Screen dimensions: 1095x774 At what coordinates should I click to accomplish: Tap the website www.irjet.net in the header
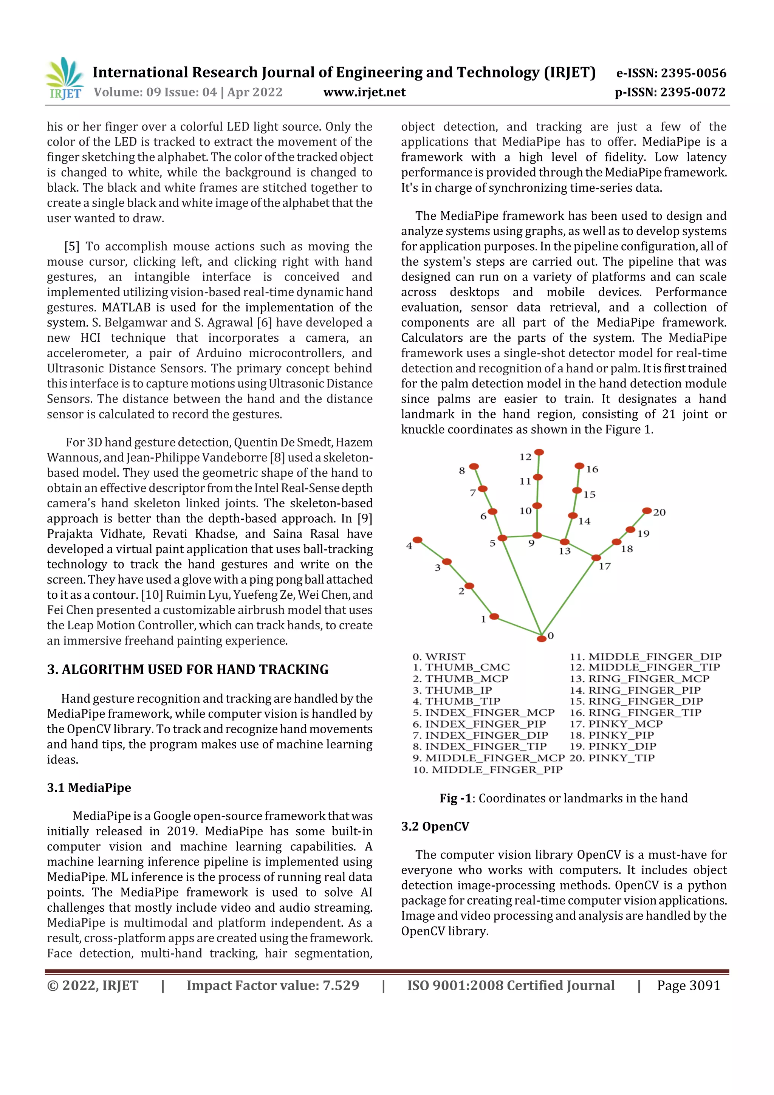click(364, 92)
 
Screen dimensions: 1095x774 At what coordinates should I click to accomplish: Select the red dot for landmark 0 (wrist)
click(541, 638)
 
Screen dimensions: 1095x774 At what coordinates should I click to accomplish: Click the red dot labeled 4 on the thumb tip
click(417, 540)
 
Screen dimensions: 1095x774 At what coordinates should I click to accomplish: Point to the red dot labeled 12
click(539, 452)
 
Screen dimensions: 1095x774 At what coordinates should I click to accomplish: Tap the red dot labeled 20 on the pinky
click(647, 511)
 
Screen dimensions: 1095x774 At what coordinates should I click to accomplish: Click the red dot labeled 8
click(474, 466)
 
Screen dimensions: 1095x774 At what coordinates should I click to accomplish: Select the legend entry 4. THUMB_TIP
click(457, 701)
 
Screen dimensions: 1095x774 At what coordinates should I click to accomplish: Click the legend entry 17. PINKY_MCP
click(616, 723)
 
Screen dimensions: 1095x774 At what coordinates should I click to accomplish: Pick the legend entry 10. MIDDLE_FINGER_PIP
click(488, 769)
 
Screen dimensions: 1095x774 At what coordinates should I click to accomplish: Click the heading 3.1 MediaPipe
click(89, 787)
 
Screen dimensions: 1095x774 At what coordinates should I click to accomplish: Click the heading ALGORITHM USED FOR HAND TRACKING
click(195, 670)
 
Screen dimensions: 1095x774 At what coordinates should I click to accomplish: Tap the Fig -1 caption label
click(455, 798)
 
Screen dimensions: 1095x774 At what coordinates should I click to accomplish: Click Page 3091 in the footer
click(688, 985)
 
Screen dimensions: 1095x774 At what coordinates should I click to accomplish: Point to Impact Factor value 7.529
click(273, 985)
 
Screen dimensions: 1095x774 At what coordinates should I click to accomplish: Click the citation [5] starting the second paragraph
click(72, 246)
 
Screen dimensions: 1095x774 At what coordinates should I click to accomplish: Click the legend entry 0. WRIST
click(439, 656)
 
